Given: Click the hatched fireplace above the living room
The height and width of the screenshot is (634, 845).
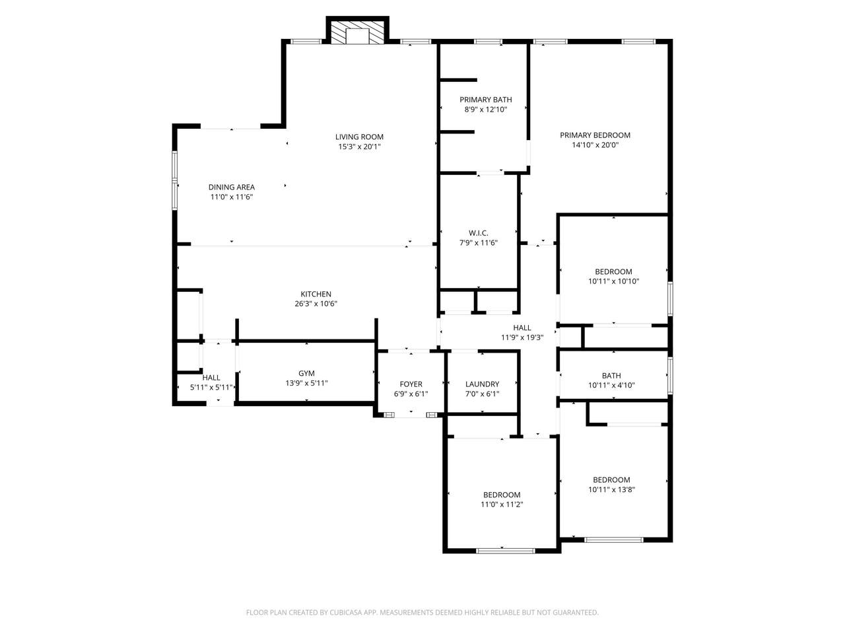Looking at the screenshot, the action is (357, 32).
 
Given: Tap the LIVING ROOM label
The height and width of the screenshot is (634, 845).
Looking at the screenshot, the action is (359, 137).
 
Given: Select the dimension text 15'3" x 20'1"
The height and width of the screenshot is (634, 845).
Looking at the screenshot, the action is (359, 147).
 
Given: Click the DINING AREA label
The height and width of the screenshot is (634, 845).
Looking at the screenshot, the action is (231, 187).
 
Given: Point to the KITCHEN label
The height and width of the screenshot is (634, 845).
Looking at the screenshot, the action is (316, 294).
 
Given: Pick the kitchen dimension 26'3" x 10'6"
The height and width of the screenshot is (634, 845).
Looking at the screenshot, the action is (316, 304).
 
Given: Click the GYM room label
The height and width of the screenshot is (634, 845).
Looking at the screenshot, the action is (306, 373).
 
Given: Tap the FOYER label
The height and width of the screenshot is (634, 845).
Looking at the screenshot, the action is (411, 384).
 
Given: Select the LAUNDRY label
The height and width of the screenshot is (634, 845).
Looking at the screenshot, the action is (482, 384).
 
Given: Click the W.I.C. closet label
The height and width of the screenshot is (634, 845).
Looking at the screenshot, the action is (479, 233).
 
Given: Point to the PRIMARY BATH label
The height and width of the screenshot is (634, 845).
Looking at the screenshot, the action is (485, 100).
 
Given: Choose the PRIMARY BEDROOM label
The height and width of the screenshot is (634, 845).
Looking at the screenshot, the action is (595, 135).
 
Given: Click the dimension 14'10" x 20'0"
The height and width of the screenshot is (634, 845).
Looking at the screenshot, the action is (595, 145).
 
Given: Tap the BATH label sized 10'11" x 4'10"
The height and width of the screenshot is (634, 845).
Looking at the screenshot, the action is (611, 375).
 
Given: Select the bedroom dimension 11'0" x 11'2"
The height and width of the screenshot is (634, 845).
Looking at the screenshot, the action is (502, 505).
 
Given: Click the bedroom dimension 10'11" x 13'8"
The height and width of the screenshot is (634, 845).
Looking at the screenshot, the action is (611, 489).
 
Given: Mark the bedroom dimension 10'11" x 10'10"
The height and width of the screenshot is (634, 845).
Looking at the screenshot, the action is (613, 281).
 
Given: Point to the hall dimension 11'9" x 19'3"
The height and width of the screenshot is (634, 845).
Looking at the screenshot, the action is (522, 337).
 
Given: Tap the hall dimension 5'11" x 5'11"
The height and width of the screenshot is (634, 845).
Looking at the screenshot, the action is (211, 387).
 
